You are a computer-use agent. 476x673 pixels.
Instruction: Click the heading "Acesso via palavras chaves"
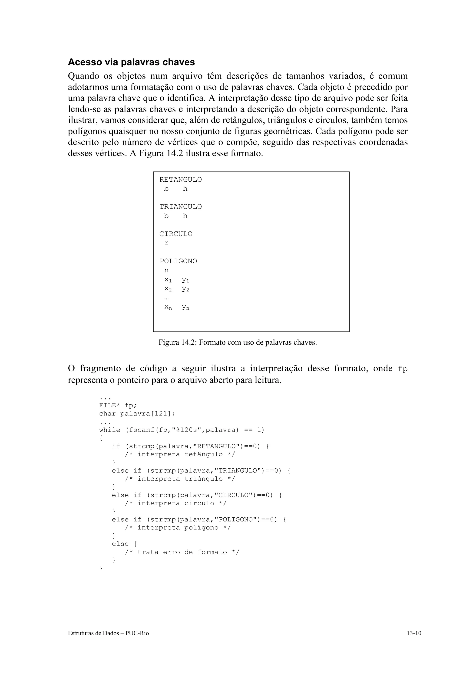[131, 62]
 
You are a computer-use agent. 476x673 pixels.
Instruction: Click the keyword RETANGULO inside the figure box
[180, 180]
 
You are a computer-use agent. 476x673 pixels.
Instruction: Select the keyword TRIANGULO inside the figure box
[180, 207]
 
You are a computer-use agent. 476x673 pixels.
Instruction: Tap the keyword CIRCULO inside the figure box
[176, 234]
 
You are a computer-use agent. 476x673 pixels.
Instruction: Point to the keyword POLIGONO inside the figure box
[178, 261]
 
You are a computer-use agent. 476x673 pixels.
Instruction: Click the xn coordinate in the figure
[168, 307]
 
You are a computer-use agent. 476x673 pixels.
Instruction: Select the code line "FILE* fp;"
[118, 405]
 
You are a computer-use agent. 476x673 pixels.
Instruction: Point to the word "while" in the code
[110, 430]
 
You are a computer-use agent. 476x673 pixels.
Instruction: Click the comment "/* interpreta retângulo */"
[180, 454]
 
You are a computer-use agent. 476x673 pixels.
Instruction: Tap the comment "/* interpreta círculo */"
[176, 503]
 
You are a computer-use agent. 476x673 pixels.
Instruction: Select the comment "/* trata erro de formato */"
[182, 552]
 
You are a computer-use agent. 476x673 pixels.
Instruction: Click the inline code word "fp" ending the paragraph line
[403, 369]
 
